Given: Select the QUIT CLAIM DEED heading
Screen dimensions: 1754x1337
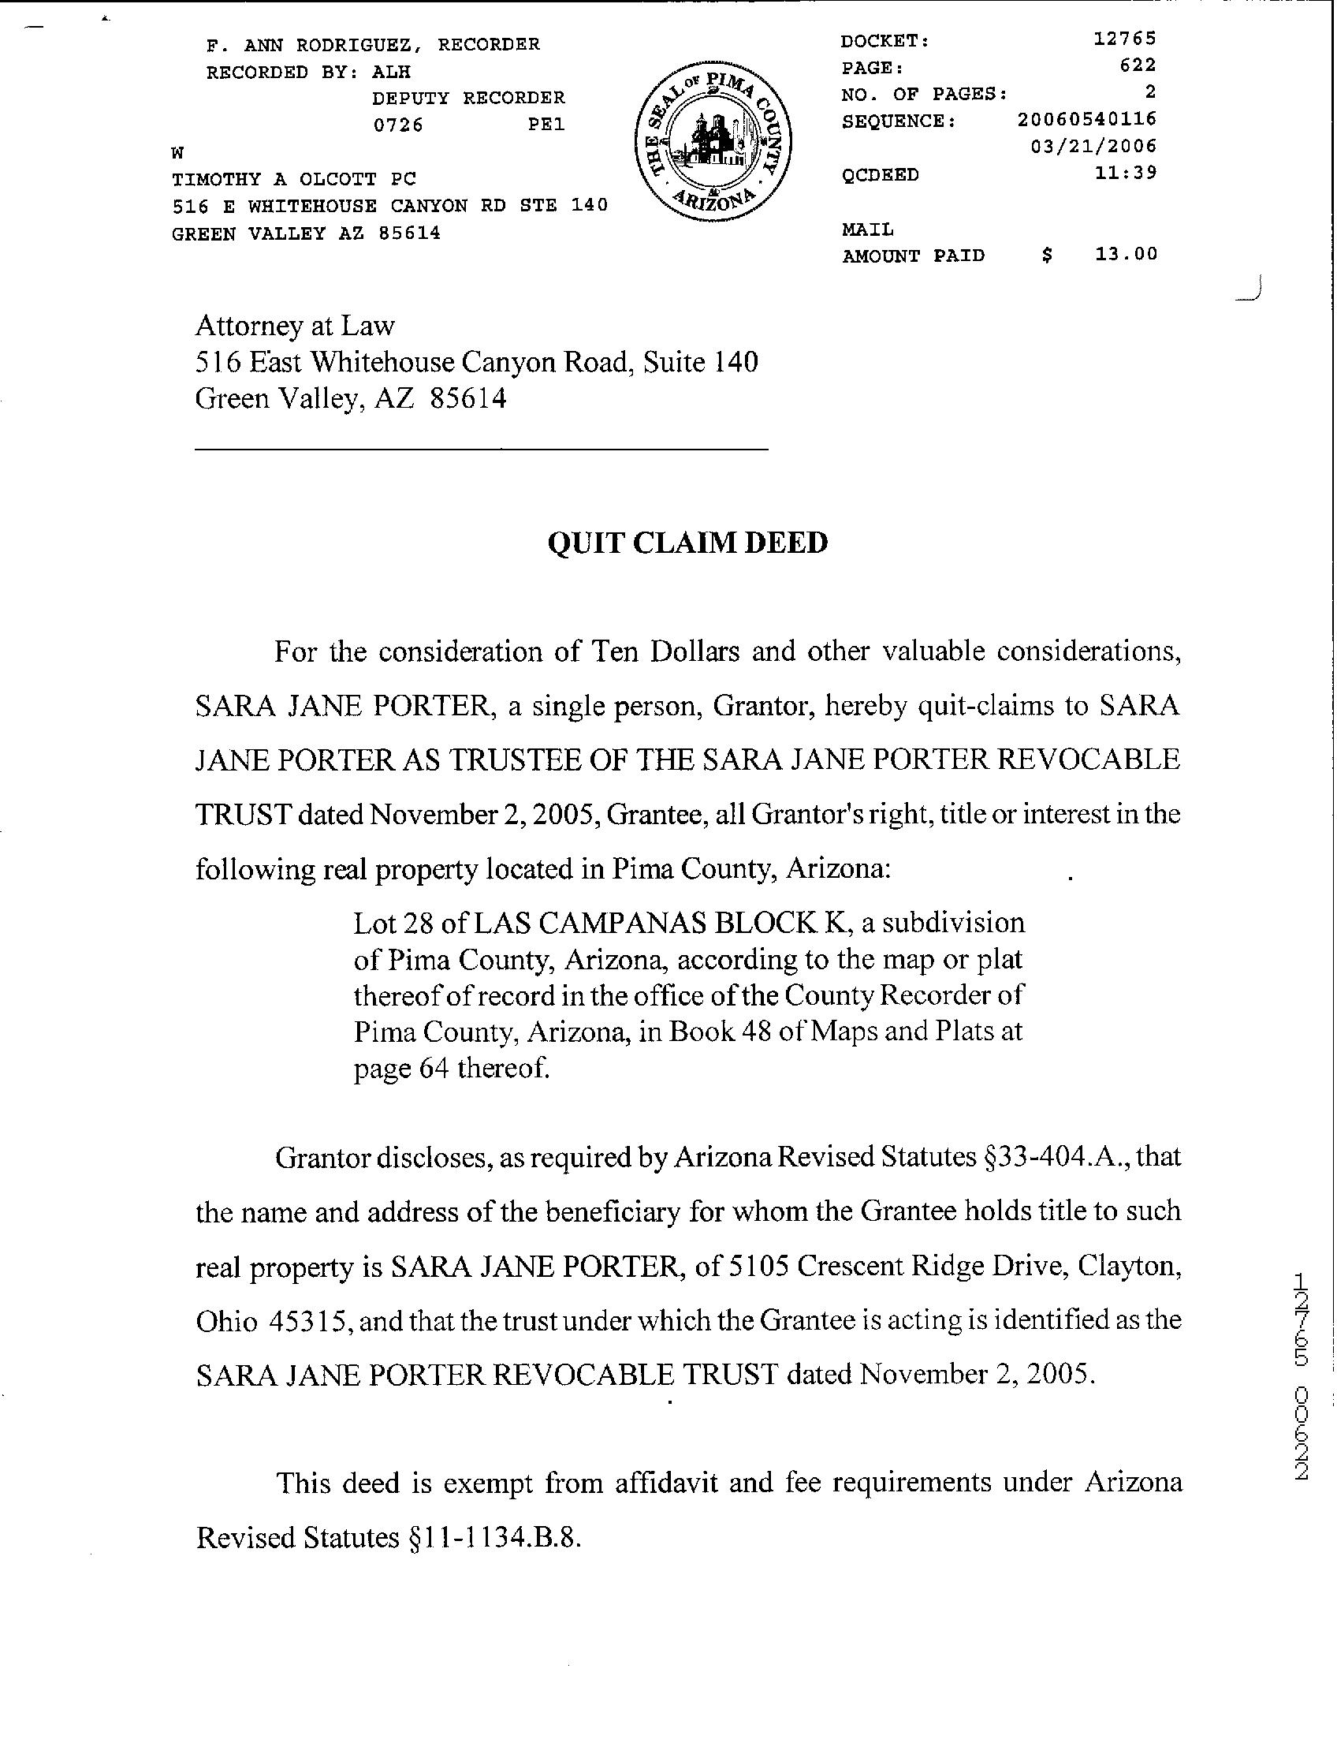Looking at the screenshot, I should (687, 543).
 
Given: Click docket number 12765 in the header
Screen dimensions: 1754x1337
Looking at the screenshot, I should (1124, 38).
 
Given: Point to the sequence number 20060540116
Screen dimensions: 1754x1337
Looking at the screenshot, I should (1086, 119).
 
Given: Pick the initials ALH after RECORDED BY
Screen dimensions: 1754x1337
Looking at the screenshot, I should (391, 72).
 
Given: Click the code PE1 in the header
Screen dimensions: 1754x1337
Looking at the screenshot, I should (546, 125).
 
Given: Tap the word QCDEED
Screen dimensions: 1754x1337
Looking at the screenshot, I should (881, 175).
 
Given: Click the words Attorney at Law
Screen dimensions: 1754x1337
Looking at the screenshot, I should (295, 326).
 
